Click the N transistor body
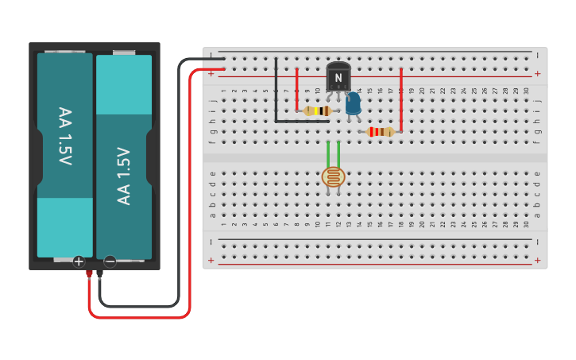point(338,77)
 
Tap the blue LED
point(353,103)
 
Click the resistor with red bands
point(381,132)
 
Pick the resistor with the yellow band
point(318,111)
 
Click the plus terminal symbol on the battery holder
point(79,261)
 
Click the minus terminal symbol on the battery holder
point(110,261)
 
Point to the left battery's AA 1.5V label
point(64,136)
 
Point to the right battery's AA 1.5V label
point(124,176)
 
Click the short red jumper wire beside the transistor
point(297,89)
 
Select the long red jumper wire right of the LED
point(401,99)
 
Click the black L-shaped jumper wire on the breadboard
point(276,95)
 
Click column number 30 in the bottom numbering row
point(526,224)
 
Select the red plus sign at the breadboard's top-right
point(537,74)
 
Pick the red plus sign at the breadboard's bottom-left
point(211,260)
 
